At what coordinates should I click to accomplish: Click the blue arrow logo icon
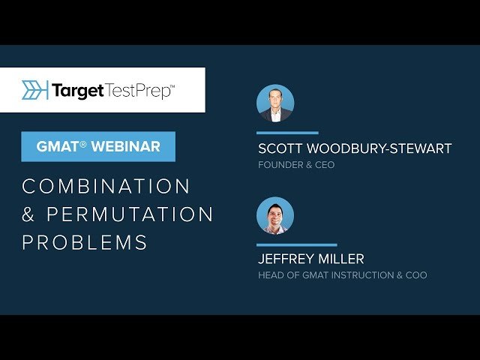(x=35, y=90)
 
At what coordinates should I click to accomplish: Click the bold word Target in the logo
(x=78, y=91)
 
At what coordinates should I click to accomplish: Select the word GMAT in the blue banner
(x=58, y=147)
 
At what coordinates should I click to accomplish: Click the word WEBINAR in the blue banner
(x=126, y=147)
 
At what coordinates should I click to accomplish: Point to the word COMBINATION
(x=106, y=186)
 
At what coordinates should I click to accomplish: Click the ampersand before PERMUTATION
(x=28, y=214)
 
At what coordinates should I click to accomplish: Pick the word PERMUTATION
(x=130, y=214)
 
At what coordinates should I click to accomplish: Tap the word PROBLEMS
(x=85, y=242)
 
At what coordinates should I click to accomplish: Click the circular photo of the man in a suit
(x=275, y=103)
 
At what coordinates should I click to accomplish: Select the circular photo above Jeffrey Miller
(x=275, y=216)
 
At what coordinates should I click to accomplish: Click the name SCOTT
(x=280, y=148)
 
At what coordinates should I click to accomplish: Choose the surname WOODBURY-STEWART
(x=379, y=148)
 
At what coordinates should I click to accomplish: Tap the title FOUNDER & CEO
(x=296, y=165)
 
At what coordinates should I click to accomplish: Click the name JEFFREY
(x=286, y=259)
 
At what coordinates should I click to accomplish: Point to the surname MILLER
(x=341, y=259)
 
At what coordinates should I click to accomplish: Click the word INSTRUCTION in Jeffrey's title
(x=363, y=275)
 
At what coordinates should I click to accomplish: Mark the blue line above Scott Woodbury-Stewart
(x=287, y=133)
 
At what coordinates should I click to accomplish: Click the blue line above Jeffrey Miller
(x=297, y=245)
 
